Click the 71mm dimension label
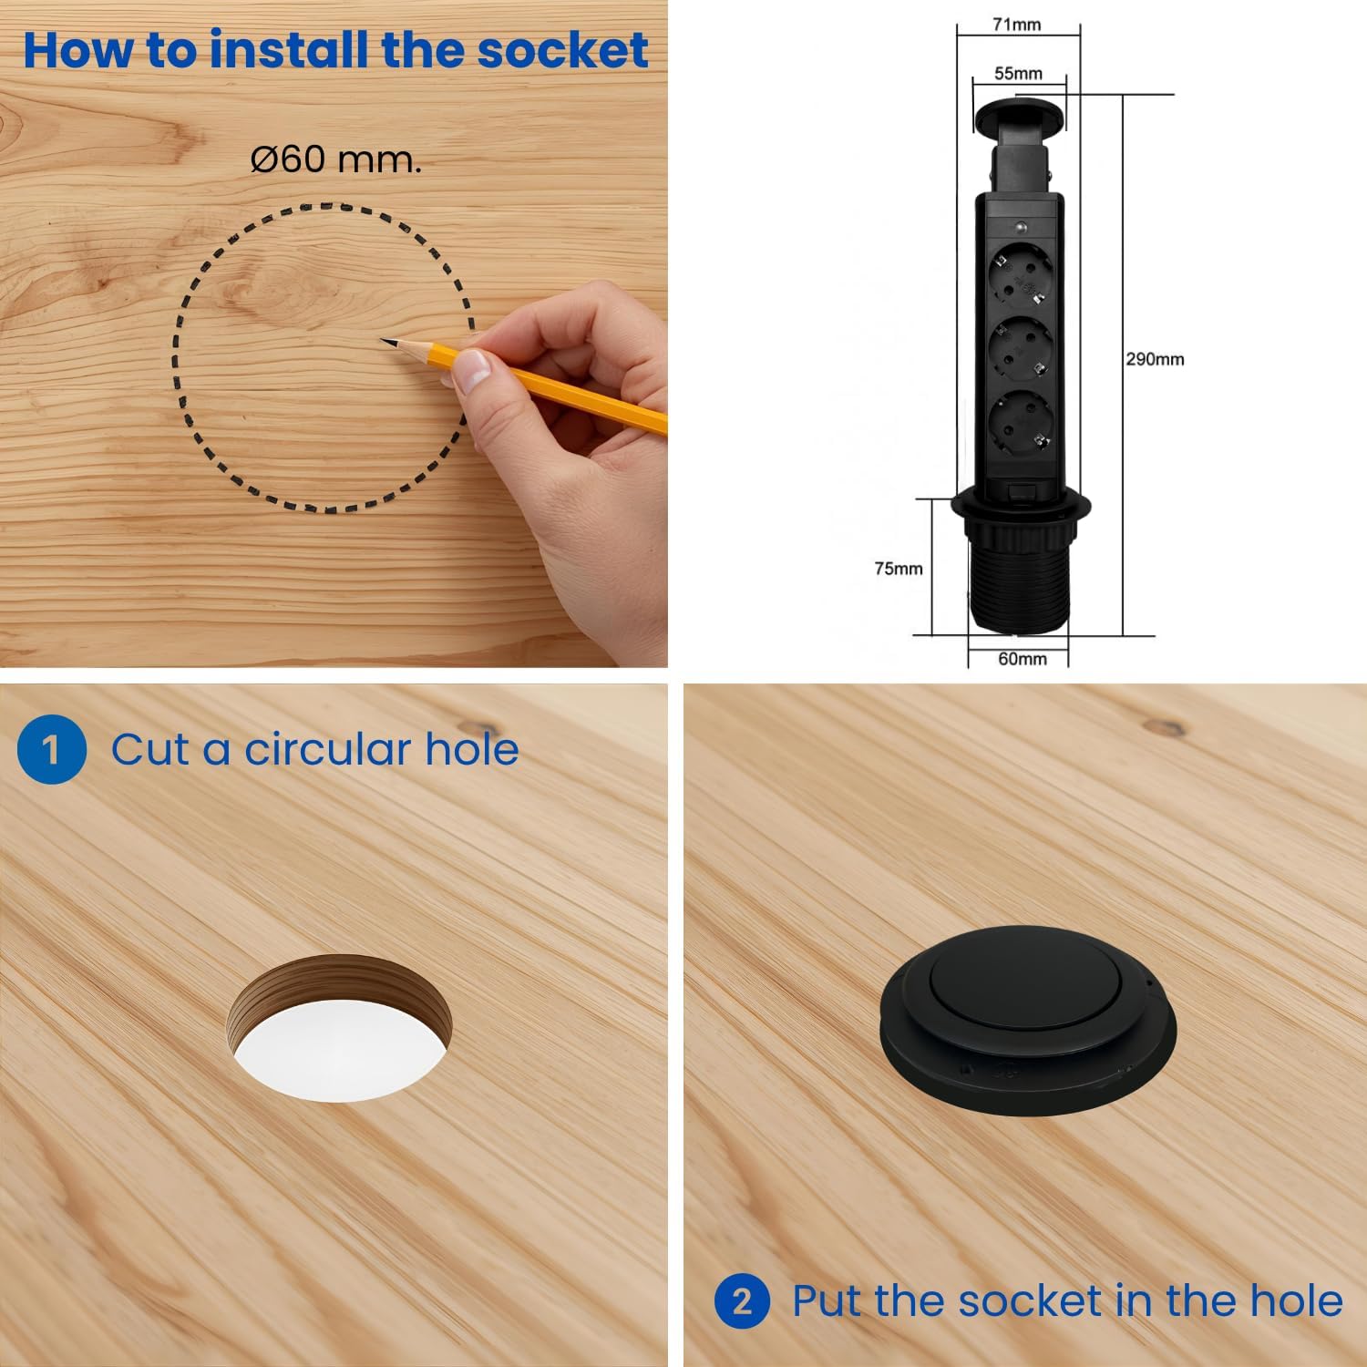(1016, 25)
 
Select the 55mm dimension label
(1018, 73)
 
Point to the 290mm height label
(1155, 359)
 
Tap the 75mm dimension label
(899, 569)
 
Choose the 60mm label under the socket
(1023, 659)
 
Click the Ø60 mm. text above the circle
(336, 159)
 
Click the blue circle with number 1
(52, 749)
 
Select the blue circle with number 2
(743, 1301)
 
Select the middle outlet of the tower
(1020, 352)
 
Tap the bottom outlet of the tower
(1020, 425)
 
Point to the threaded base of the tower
(1020, 582)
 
